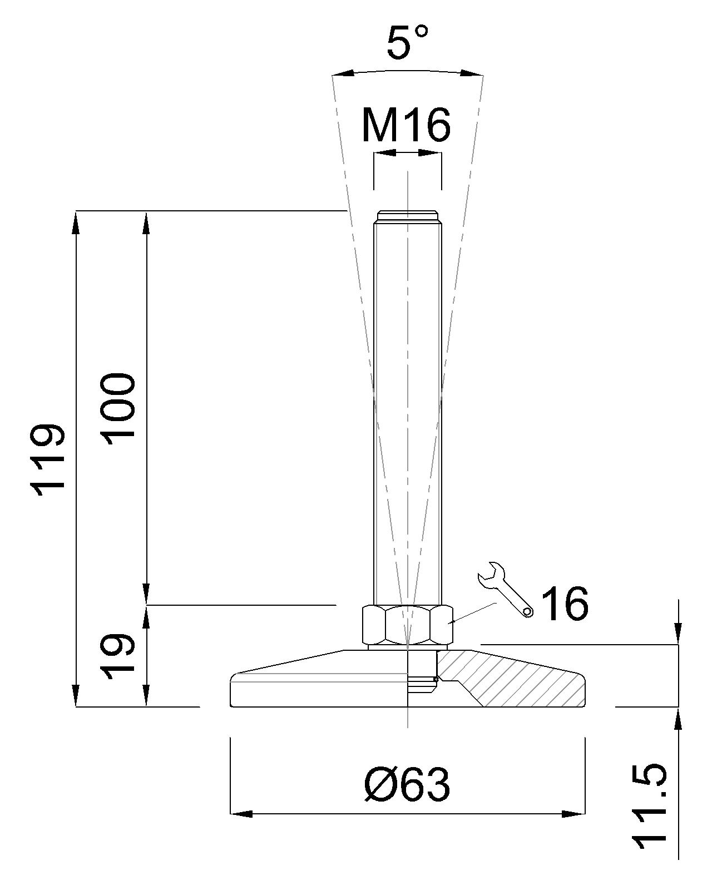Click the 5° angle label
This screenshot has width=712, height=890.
408,41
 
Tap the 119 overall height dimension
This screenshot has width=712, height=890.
48,459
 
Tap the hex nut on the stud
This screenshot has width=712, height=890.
408,625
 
